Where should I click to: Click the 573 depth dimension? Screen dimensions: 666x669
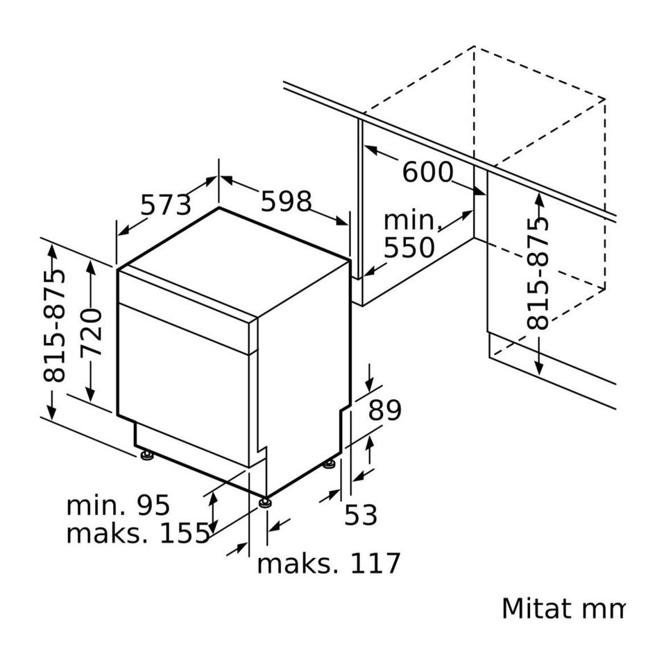[166, 205]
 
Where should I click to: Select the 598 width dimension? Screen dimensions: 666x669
[287, 201]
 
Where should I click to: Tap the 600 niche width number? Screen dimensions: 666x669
[428, 172]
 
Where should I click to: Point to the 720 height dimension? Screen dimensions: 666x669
[92, 331]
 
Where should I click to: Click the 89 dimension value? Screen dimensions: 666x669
[385, 410]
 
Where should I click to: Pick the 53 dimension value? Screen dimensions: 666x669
[361, 514]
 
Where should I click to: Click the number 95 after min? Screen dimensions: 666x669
[153, 505]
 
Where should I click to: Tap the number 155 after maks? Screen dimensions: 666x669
[185, 533]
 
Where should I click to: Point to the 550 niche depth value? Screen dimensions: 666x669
[409, 247]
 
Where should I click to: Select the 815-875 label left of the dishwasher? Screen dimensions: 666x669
[55, 326]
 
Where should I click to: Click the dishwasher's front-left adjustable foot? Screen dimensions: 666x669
[147, 455]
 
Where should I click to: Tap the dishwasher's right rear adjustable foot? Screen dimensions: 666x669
[330, 464]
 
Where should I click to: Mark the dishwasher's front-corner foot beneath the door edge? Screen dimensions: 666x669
[265, 502]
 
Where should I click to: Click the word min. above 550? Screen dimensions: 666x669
[413, 220]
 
